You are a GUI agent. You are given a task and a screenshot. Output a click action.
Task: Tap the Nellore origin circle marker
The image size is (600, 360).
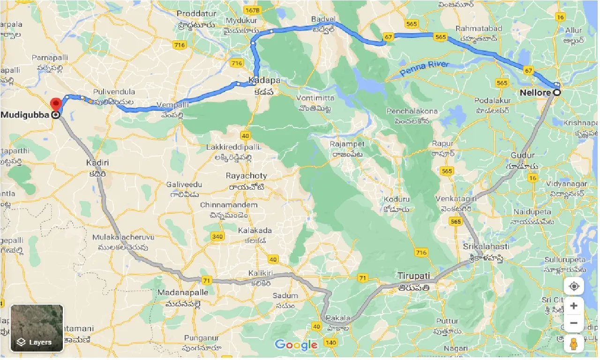[557, 93]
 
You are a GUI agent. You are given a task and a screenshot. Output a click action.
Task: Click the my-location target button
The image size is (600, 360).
[574, 286]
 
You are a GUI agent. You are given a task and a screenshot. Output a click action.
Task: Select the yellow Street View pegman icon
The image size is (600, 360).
[574, 344]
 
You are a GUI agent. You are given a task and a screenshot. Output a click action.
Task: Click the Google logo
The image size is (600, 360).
[296, 345]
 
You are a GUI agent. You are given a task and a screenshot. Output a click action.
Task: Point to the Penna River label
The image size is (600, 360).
[425, 68]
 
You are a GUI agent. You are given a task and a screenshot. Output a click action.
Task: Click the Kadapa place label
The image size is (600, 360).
[265, 80]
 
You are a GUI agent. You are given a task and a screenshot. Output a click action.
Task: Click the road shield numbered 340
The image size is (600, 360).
[217, 237]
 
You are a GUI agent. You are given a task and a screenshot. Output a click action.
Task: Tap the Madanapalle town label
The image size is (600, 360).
[182, 292]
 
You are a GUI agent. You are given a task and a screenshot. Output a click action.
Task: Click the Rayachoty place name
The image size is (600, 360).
[247, 176]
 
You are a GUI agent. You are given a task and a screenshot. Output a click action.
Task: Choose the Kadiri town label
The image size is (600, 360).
[97, 162]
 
